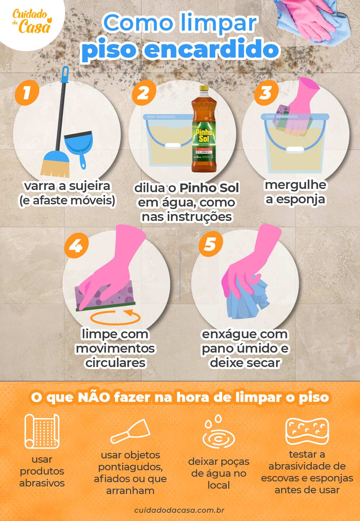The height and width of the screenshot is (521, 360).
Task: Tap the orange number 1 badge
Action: tap(27, 92)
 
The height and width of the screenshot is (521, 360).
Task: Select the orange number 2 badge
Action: tap(144, 92)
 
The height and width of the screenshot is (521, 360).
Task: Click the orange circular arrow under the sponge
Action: tap(115, 317)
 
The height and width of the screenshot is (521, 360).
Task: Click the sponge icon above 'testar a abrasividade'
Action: tap(307, 431)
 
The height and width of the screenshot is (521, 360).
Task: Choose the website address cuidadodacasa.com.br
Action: tap(179, 510)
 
